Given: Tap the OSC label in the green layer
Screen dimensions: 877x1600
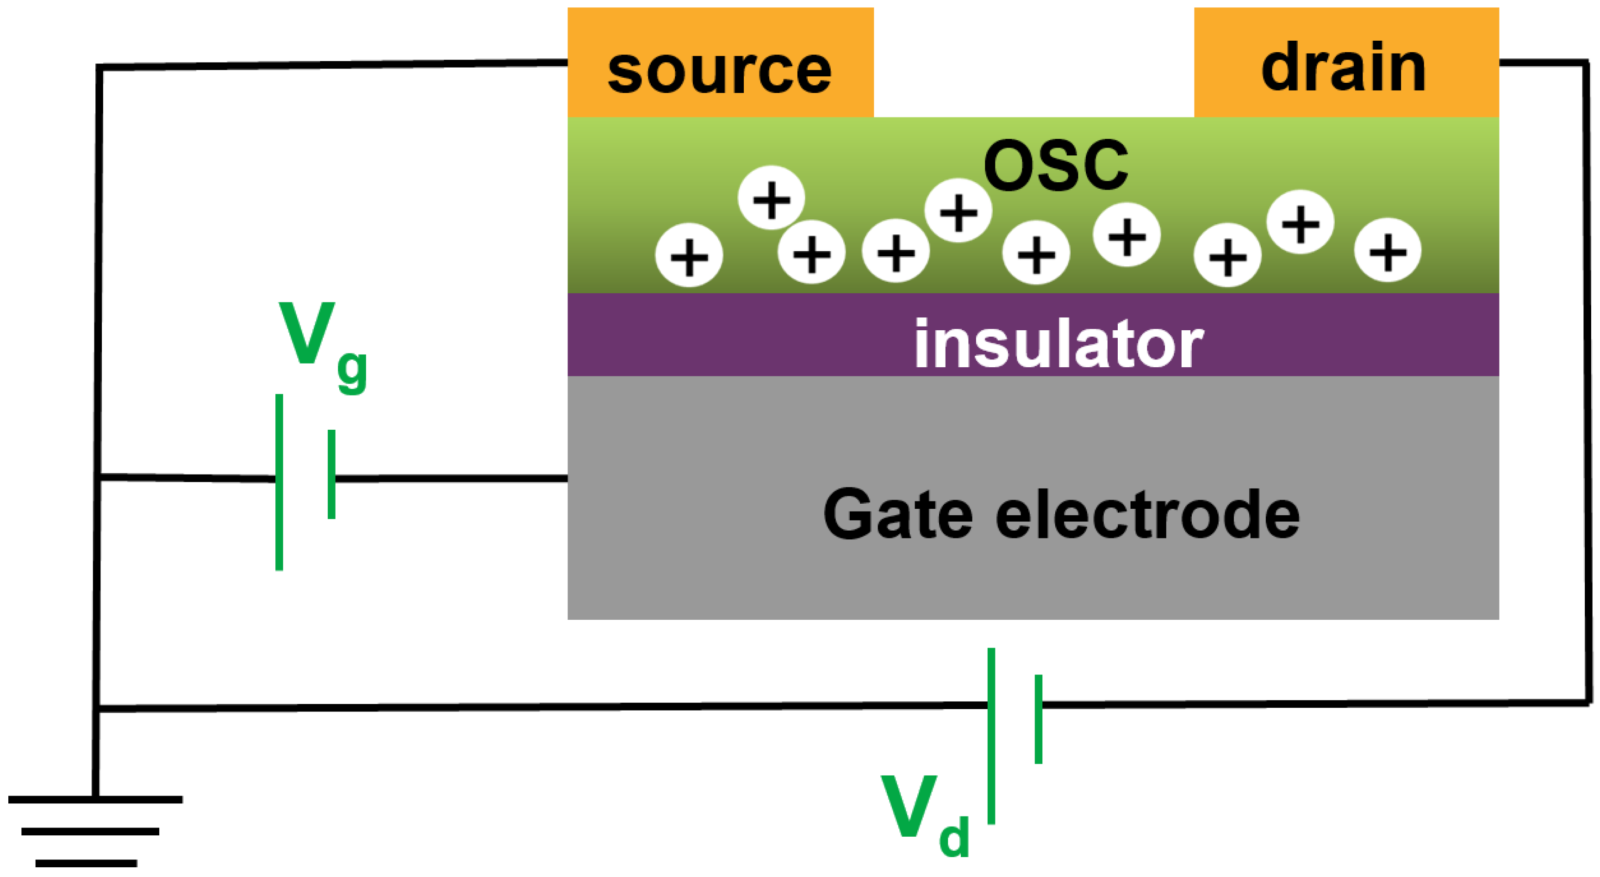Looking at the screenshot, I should pos(1056,166).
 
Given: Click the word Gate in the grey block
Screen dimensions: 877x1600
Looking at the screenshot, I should pos(897,513).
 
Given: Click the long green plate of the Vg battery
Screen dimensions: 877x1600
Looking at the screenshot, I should pos(280,482).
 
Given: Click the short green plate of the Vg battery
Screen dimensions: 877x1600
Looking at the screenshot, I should pos(332,474).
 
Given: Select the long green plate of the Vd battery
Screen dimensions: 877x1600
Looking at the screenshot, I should pos(991,736).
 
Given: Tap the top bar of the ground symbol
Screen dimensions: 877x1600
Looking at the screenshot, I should pos(95,799).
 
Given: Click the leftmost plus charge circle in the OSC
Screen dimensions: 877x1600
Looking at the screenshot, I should pos(689,255).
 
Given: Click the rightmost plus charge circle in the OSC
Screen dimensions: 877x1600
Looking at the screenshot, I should pos(1388,250).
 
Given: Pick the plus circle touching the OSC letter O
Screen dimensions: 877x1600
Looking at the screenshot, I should pos(959,210).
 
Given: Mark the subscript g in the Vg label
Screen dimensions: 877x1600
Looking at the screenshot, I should pos(352,371).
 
